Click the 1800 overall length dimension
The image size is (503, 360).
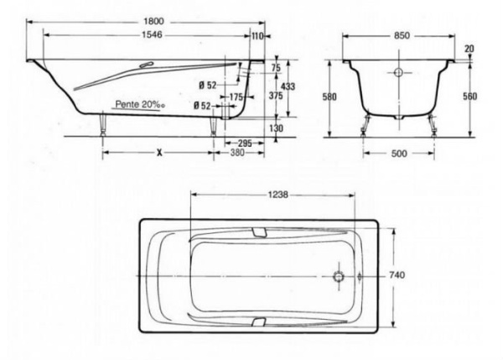(x=153, y=22)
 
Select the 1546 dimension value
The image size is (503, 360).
(x=152, y=34)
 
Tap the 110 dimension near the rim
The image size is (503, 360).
(x=257, y=36)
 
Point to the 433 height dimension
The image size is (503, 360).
(x=288, y=86)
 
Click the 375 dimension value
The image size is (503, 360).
(x=276, y=96)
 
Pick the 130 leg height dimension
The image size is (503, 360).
(x=276, y=128)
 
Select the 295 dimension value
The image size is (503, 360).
(x=245, y=143)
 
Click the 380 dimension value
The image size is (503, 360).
(x=237, y=153)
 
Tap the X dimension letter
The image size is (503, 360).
(x=159, y=153)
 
